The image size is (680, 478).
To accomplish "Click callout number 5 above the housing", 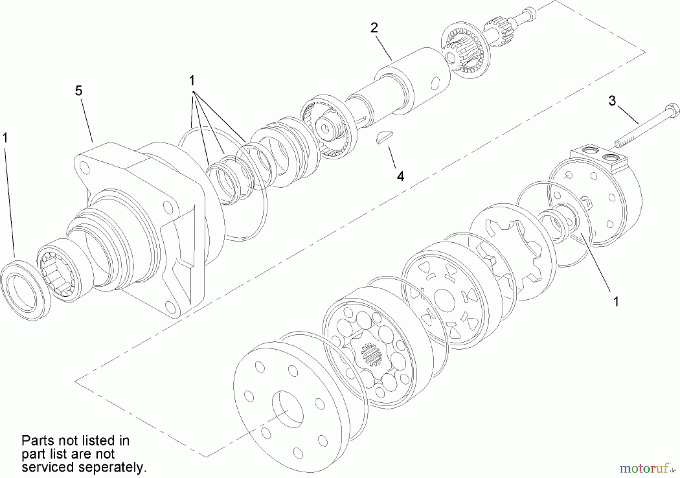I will pos(79,91).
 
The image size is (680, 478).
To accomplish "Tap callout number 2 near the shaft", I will pos(374,28).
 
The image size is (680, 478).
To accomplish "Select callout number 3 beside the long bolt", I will pos(612,101).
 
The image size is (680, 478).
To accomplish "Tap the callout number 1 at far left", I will pos(5,138).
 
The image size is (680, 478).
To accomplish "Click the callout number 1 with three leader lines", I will pos(192,80).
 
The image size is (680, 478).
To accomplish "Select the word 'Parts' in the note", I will pos(37,441).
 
